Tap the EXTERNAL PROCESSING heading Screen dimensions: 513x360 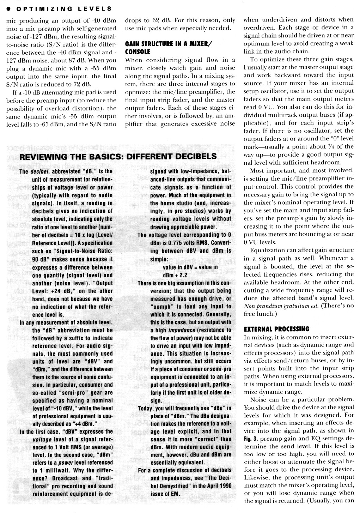pyautogui.click(x=276, y=329)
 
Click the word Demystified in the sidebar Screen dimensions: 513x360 pyautogui.click(x=173, y=486)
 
